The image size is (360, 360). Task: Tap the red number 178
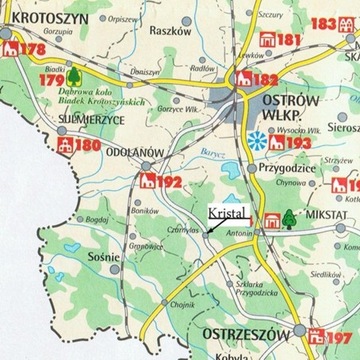pos(33,49)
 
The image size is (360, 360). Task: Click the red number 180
pos(88,147)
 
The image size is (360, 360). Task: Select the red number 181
pos(288,41)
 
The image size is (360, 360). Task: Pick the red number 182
pos(267,80)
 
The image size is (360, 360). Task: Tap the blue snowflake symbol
pos(260,139)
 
